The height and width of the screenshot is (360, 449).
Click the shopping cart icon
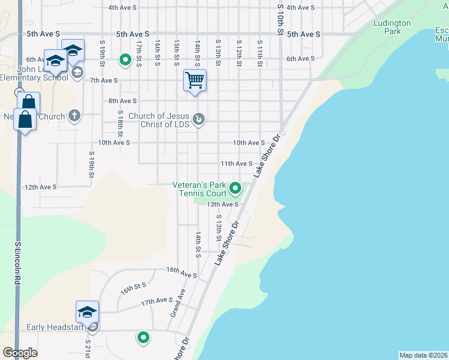tap(195, 80)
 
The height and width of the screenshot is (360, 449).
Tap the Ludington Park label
tap(392, 27)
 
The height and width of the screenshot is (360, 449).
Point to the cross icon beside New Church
tap(74, 116)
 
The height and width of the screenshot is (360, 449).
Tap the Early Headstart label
tap(55, 328)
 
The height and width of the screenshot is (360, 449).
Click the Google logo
tap(20, 353)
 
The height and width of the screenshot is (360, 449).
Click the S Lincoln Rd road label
tap(18, 263)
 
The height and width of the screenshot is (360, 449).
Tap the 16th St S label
tap(133, 289)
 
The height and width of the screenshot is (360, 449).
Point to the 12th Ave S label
tap(40, 187)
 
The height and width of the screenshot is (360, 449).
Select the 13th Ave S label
tap(223, 204)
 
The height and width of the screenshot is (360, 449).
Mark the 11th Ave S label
tap(236, 163)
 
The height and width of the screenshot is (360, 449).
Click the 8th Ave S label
tap(122, 101)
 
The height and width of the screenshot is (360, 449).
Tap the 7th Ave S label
tap(103, 80)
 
